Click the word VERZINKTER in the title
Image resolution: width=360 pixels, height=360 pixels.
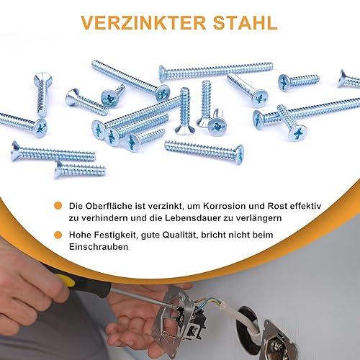[143, 23]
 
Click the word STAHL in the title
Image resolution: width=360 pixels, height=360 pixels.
[245, 23]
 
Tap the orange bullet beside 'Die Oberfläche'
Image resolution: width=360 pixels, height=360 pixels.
[58, 206]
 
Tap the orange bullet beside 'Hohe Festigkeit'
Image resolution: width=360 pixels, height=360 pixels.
[58, 235]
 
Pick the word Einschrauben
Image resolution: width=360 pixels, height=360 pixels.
[99, 247]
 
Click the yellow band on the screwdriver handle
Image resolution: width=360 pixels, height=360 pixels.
[65, 280]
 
